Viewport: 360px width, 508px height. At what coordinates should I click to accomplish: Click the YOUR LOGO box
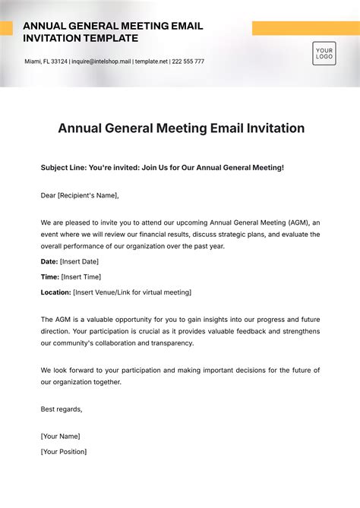(324, 53)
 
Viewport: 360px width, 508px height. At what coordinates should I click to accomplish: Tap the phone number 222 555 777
(188, 62)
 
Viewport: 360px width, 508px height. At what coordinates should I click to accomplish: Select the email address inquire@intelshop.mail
(102, 62)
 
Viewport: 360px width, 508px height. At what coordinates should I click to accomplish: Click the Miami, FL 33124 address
(46, 62)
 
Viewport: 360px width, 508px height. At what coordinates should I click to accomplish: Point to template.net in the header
(152, 62)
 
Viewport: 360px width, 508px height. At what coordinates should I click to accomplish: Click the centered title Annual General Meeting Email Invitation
(181, 128)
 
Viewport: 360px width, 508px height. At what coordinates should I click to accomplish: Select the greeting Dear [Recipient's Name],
(80, 195)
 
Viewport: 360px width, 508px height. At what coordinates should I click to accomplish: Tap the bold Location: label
(56, 292)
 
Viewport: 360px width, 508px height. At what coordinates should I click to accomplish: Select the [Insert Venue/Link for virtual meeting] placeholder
(132, 292)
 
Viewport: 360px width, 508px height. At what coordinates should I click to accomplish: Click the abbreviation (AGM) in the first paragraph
(298, 222)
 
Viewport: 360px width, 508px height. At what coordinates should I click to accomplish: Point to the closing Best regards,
(62, 409)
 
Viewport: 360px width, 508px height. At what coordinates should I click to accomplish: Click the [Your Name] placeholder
(60, 437)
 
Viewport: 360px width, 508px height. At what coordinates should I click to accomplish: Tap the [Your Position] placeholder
(64, 452)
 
